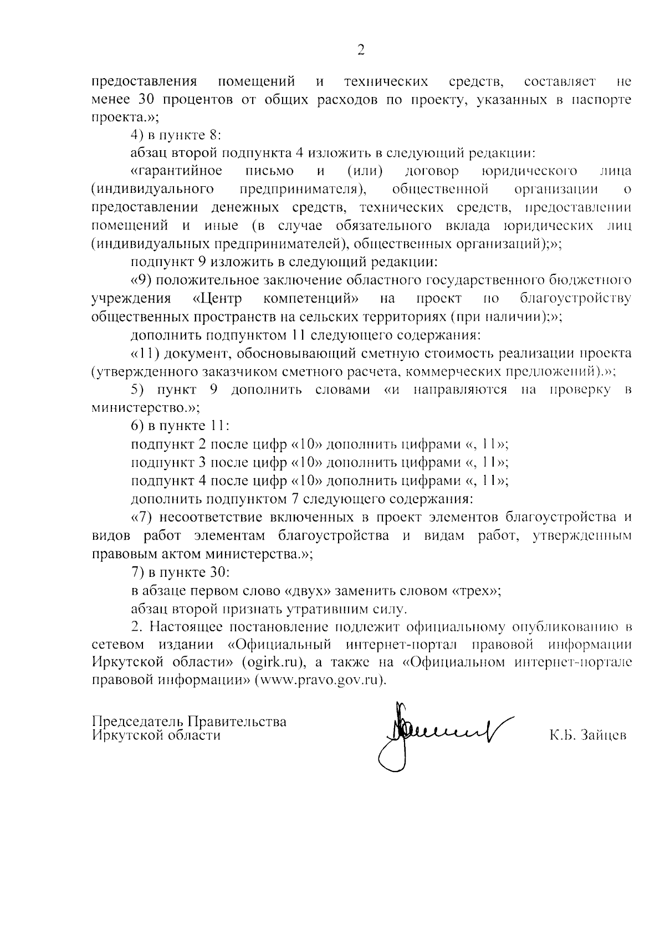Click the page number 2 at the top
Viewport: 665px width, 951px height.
click(361, 50)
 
